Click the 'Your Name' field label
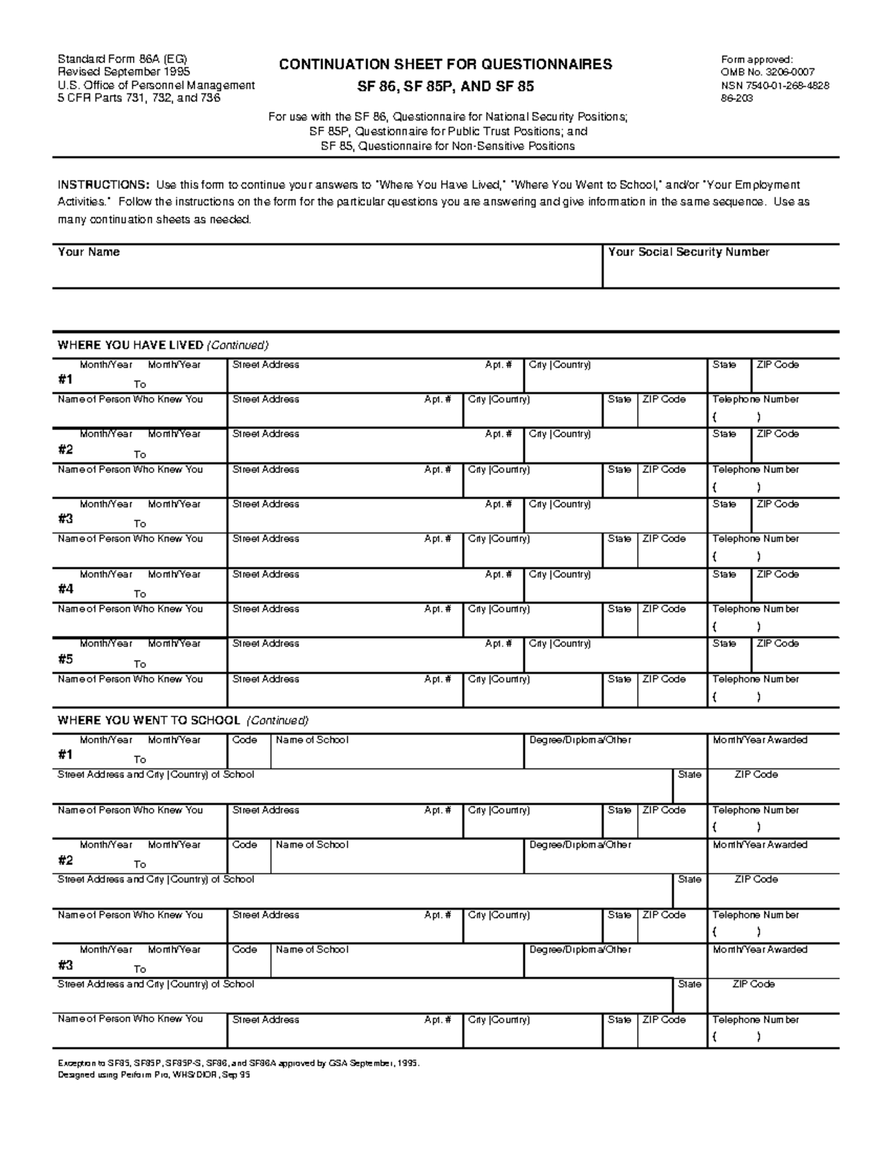pos(88,252)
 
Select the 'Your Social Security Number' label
pos(688,252)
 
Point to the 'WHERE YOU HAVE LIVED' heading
pos(131,345)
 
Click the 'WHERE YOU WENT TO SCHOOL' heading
pos(148,720)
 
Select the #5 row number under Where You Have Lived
pos(65,659)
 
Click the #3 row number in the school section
pos(65,965)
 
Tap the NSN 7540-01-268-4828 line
pos(774,85)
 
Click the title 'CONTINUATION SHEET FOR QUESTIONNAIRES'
pos(446,65)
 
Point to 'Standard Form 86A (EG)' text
pos(117,59)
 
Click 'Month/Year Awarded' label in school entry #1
pos(760,740)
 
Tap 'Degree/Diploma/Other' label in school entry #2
pos(580,845)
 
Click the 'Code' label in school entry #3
pos(244,950)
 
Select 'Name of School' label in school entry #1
pos(311,740)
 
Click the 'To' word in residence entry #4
pos(140,594)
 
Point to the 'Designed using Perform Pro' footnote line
pos(154,1074)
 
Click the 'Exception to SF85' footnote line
pos(238,1063)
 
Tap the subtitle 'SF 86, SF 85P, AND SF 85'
pos(446,87)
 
